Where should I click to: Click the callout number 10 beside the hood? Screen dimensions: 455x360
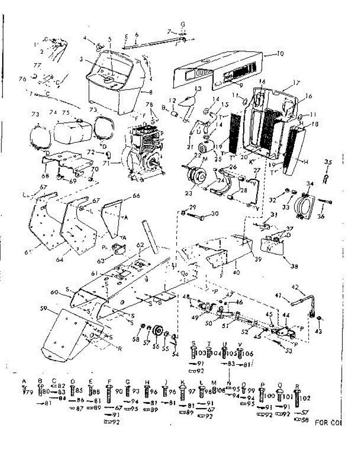280,53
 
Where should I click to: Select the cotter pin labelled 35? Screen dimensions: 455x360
325,179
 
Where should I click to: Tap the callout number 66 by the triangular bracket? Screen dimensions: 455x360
136,196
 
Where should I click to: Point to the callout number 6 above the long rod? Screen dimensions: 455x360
136,35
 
